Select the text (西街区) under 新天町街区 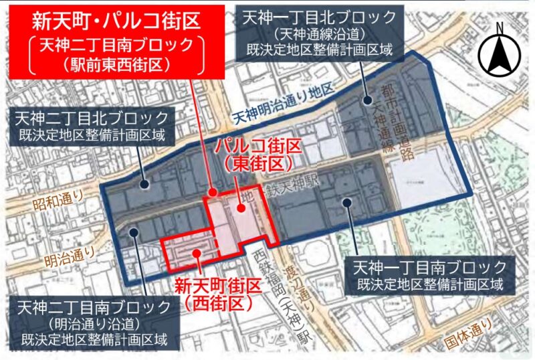pos(217,303)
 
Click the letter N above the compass pos(499,28)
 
